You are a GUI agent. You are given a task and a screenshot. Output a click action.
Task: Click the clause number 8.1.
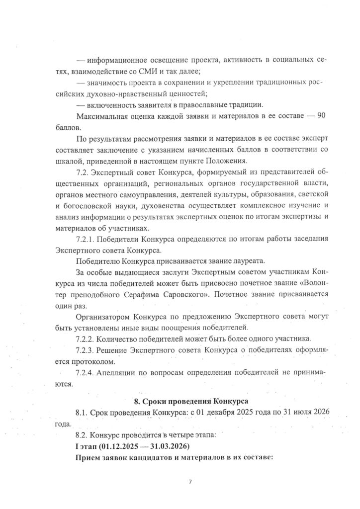pos(83,414)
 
